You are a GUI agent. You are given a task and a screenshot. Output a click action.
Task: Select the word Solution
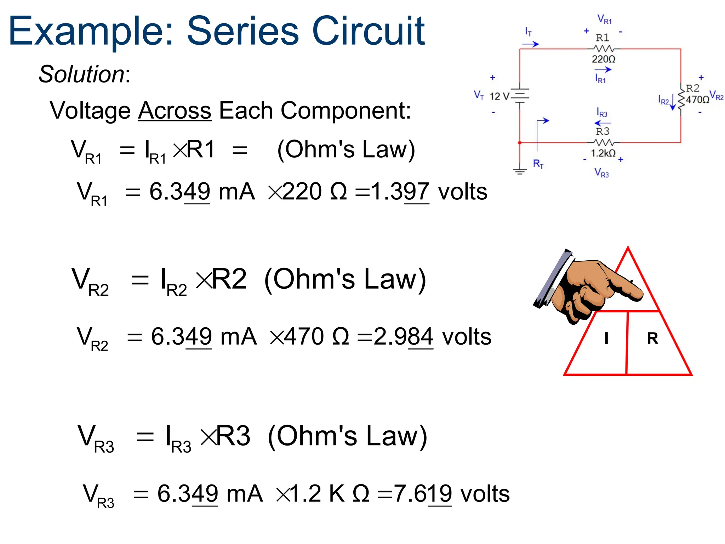click(81, 74)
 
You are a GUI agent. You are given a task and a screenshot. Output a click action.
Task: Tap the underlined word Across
click(175, 110)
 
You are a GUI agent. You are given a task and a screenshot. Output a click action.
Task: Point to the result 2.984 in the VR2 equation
click(403, 336)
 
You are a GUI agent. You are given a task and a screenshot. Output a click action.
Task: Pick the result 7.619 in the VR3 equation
click(423, 494)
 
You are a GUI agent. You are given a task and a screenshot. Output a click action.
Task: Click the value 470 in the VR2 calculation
click(304, 336)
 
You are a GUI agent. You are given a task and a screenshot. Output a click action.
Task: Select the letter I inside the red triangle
click(606, 338)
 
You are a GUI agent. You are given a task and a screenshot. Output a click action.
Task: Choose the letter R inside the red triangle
click(652, 338)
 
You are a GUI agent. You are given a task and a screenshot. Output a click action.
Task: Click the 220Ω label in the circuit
click(604, 59)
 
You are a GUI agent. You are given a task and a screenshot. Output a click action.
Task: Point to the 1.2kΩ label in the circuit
click(603, 153)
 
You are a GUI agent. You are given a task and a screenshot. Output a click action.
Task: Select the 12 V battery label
click(499, 96)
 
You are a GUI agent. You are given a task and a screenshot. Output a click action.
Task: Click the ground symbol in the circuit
click(520, 172)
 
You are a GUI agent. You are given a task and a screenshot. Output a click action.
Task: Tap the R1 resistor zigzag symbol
click(603, 49)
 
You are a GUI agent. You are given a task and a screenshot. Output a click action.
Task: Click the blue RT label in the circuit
click(538, 164)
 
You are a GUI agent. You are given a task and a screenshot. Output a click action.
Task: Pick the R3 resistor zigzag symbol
click(603, 143)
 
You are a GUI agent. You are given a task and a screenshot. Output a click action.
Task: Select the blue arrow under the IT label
click(530, 44)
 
